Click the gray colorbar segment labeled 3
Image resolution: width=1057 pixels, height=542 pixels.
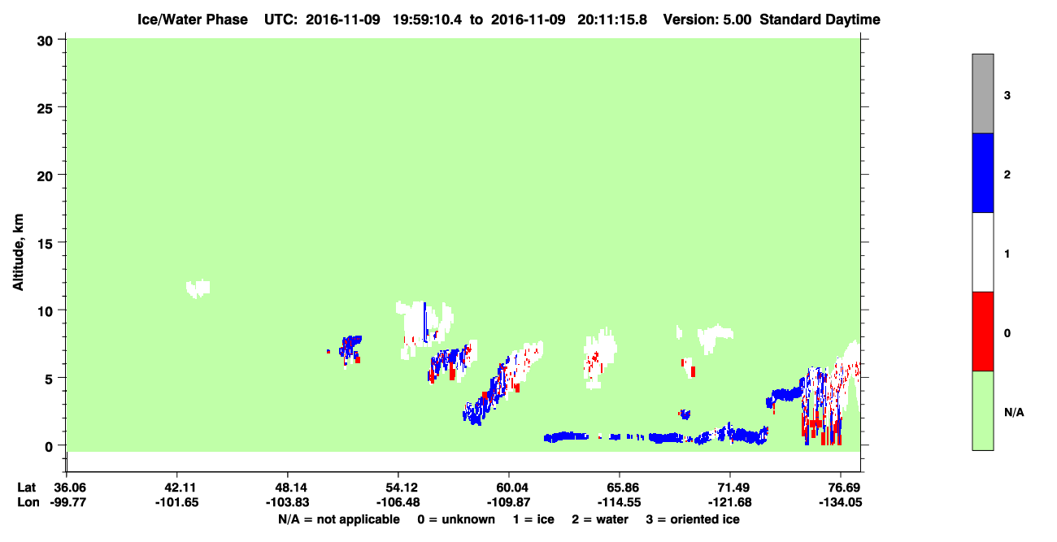[982, 93]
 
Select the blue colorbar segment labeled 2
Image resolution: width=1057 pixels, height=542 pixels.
[982, 172]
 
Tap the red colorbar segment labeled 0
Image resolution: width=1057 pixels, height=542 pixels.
[982, 332]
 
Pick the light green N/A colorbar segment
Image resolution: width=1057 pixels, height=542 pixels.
[982, 410]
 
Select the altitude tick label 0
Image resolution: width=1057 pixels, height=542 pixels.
[49, 447]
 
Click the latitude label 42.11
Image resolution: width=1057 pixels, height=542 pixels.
[177, 488]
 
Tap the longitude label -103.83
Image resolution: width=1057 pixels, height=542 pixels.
[287, 502]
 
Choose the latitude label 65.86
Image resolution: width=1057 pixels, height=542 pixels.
[619, 488]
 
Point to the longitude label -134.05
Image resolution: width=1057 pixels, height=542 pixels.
[841, 502]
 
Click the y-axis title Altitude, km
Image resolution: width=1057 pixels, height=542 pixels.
[18, 252]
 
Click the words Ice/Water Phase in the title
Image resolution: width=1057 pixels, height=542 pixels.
[193, 20]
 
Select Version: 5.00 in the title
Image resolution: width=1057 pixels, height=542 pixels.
[707, 20]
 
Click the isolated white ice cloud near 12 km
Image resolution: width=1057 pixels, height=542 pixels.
[198, 288]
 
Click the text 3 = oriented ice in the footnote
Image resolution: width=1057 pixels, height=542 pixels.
[693, 519]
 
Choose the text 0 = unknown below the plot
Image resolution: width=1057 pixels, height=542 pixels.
[456, 519]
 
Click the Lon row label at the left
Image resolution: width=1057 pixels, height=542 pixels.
[28, 502]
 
